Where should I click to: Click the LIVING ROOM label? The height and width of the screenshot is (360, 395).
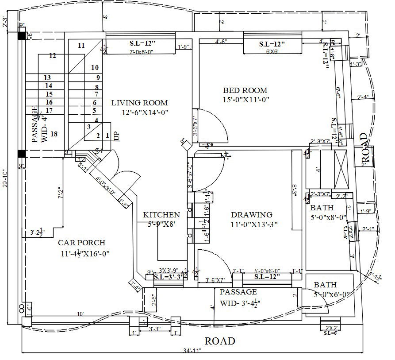139,103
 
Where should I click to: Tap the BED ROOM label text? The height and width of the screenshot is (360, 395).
245,90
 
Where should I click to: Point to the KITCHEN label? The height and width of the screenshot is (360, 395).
161,215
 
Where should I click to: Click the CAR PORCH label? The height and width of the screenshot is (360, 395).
82,243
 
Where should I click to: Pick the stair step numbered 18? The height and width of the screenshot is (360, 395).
54,134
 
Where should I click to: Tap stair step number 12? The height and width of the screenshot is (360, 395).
53,56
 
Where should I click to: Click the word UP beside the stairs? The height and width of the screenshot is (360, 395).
117,136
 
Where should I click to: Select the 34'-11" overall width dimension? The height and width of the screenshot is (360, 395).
191,351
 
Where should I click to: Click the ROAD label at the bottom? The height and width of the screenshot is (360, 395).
219,341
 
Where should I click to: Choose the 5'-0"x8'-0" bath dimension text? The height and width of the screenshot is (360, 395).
328,217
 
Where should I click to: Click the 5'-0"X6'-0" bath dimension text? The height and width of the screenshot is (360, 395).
332,294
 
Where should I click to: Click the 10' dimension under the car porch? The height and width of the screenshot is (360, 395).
80,314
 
